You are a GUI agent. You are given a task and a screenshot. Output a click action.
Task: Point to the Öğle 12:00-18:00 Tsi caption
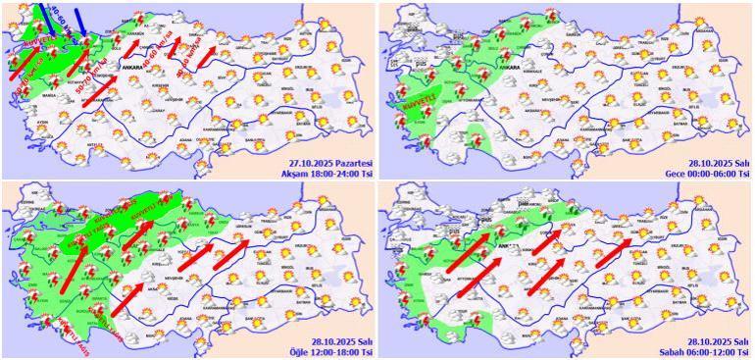point(330,349)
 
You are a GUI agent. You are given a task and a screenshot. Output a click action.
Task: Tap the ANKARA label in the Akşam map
point(130,66)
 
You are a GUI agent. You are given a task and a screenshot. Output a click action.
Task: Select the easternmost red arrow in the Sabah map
point(616,251)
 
